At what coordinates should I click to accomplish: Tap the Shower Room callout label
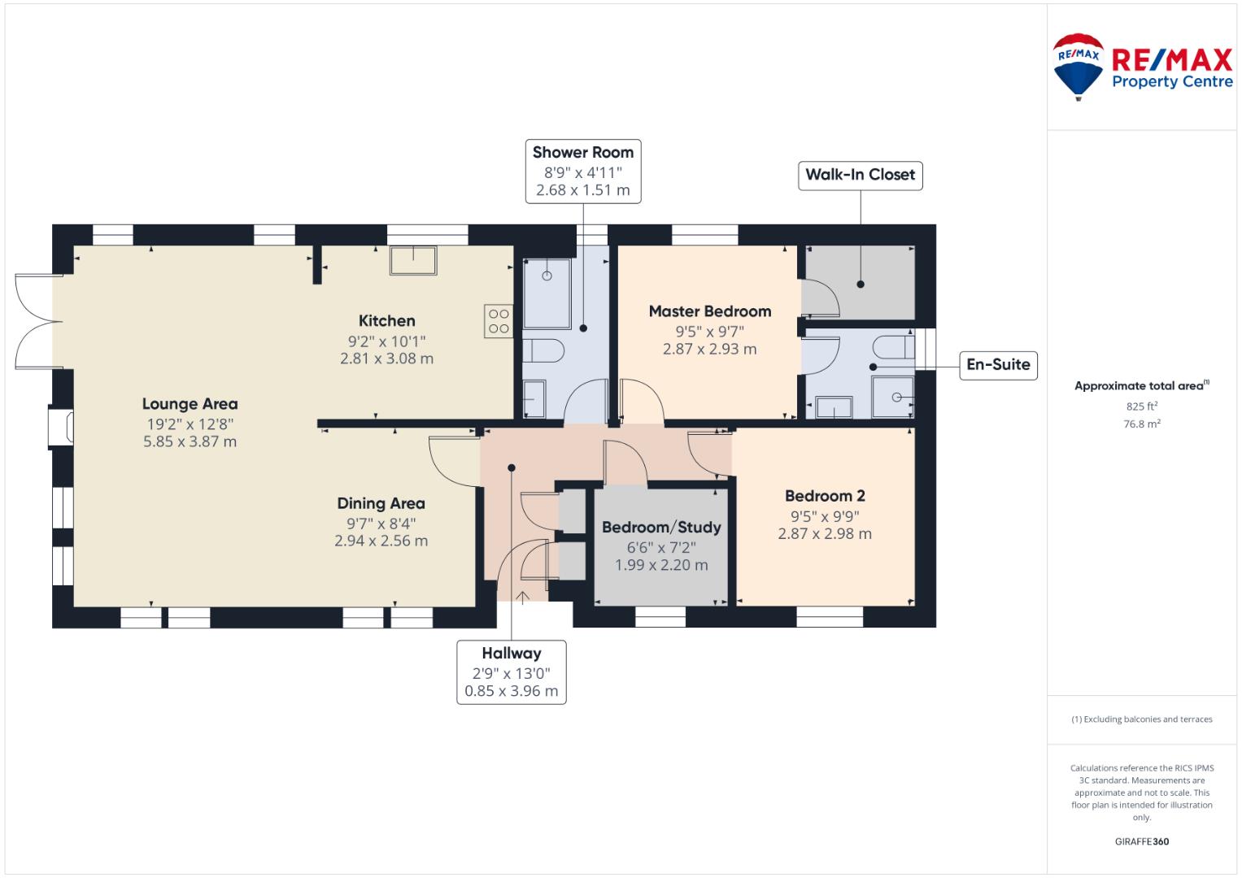(582, 172)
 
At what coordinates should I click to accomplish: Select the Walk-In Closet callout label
(860, 175)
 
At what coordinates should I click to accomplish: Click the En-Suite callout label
(998, 365)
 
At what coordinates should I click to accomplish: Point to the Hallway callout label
(512, 672)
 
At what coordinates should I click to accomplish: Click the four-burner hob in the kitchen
(499, 321)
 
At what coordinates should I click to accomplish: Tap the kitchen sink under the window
(413, 260)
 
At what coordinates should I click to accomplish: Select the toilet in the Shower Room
(543, 350)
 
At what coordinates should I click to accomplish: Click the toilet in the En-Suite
(893, 348)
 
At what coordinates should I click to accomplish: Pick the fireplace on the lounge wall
(60, 426)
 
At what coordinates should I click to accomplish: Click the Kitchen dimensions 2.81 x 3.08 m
(386, 359)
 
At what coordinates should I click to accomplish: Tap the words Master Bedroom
(710, 311)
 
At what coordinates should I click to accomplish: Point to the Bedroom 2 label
(825, 496)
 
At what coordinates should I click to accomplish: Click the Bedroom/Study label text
(661, 527)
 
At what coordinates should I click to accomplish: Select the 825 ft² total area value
(1142, 406)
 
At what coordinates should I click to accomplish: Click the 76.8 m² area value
(1142, 424)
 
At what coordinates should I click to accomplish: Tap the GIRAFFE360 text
(1142, 841)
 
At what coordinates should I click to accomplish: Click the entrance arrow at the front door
(522, 597)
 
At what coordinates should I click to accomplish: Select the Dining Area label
(381, 503)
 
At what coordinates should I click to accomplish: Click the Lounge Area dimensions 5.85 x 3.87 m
(190, 441)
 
